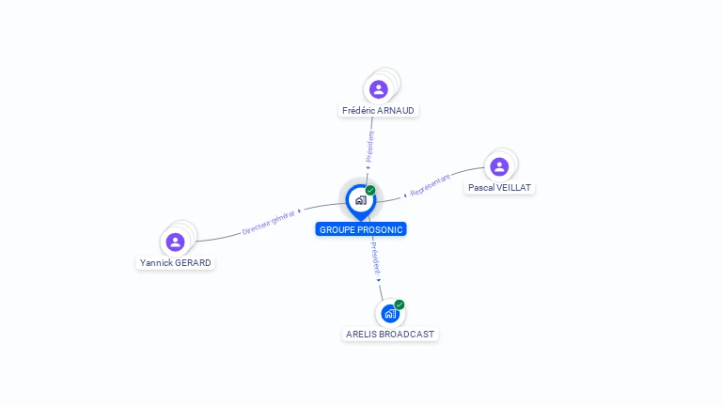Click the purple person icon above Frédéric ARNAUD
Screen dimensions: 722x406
pos(378,89)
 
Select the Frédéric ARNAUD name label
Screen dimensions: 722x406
pos(378,110)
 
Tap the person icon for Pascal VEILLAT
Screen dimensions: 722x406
pos(499,166)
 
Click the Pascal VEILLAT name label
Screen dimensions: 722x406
pos(499,187)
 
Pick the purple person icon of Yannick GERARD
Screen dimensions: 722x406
pos(175,242)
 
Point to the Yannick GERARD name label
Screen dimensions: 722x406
pos(176,262)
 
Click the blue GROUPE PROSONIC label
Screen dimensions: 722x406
pos(362,229)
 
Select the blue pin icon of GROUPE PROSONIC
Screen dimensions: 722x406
pos(360,200)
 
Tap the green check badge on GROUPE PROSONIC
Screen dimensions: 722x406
pos(370,190)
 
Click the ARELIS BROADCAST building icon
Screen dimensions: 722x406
pos(390,314)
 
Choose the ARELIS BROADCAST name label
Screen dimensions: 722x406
pos(390,334)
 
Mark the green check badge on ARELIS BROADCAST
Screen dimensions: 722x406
pos(400,304)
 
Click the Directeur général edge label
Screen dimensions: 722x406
pos(269,222)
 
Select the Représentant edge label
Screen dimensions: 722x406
pos(437,184)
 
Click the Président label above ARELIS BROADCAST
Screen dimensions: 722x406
pos(375,258)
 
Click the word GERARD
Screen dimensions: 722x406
pos(193,262)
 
